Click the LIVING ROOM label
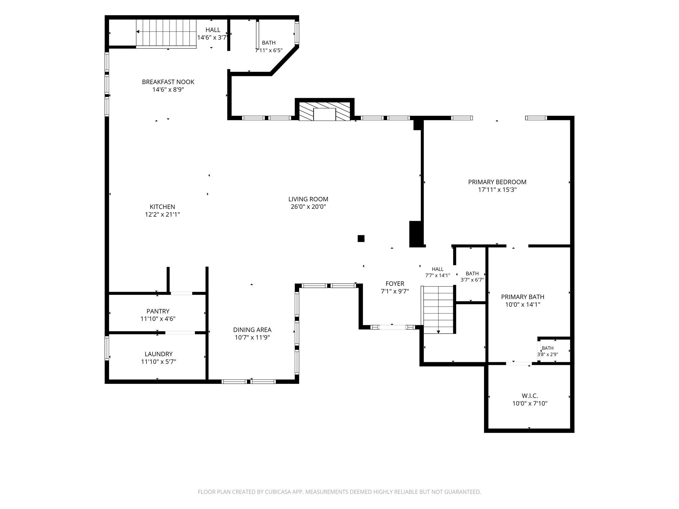(308, 199)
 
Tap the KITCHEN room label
(162, 207)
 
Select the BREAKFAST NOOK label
(168, 82)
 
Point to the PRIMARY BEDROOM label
(497, 182)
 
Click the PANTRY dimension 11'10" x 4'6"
(158, 319)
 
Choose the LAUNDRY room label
(158, 354)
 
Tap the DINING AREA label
(252, 330)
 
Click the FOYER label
(395, 284)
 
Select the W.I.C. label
(529, 396)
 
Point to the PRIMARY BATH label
(523, 297)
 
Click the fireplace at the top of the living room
(325, 111)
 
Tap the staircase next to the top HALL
(166, 32)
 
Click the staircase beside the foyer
(438, 310)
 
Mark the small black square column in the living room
(361, 239)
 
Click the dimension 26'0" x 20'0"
(308, 207)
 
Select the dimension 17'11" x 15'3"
(497, 190)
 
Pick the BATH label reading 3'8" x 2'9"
(547, 351)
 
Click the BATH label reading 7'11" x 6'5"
(269, 46)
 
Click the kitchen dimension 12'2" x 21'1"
(162, 214)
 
